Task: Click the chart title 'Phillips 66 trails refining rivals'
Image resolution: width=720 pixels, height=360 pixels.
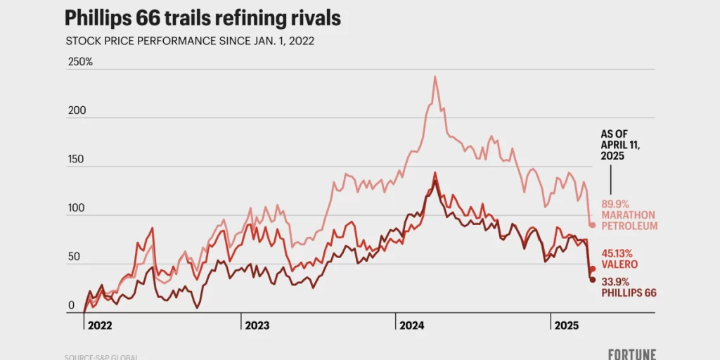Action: tap(202, 18)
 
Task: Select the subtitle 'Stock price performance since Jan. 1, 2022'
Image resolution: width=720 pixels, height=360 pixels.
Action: tap(190, 41)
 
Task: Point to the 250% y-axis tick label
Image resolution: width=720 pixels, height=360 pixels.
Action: tap(79, 62)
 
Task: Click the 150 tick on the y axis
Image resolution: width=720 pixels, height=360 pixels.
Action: tap(75, 160)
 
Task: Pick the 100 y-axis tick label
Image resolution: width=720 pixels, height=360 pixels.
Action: tap(75, 209)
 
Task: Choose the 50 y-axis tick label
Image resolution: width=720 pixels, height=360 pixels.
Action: tap(72, 258)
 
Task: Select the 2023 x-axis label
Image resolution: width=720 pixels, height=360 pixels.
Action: tap(258, 326)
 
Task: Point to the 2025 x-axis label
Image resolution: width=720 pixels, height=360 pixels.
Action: tap(567, 326)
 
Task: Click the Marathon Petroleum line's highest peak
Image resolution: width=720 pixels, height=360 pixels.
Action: tap(435, 77)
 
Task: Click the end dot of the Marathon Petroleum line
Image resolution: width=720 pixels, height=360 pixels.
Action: tap(593, 225)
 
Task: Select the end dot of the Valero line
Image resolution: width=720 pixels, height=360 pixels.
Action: tap(593, 269)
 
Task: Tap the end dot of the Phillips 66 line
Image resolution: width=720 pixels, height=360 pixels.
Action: tap(592, 280)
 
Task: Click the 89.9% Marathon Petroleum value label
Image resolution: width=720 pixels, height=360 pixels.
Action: tap(629, 214)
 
